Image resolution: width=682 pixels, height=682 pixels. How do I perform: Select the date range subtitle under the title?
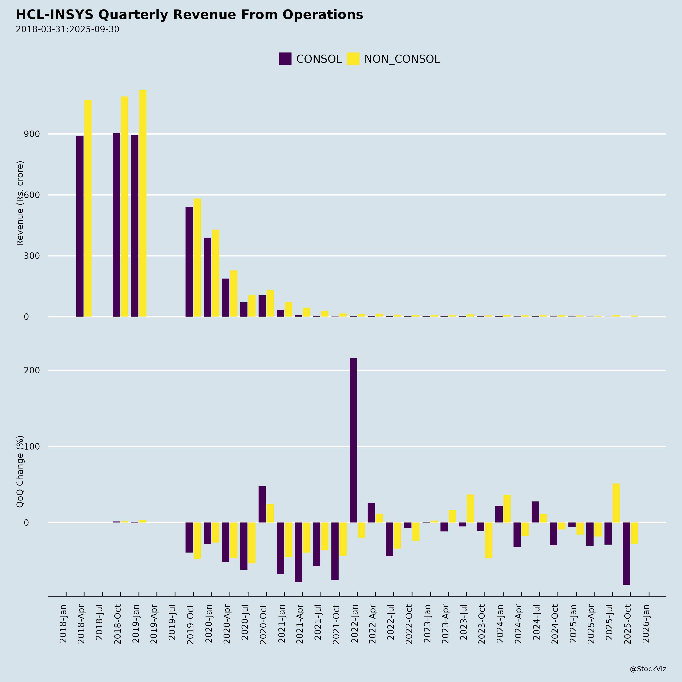click(67, 29)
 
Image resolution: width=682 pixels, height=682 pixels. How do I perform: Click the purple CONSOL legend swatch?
click(285, 59)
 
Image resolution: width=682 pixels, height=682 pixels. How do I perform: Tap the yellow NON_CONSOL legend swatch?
click(353, 59)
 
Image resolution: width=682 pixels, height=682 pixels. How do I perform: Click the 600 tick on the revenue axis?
click(32, 195)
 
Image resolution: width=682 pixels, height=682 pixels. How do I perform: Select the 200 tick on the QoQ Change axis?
click(32, 370)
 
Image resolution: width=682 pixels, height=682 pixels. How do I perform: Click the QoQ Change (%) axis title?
click(20, 471)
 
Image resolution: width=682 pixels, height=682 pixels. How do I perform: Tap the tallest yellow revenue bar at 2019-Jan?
click(143, 203)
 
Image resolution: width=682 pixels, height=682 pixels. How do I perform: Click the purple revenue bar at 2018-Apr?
click(80, 226)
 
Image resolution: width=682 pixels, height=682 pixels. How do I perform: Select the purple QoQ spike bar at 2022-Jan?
click(353, 440)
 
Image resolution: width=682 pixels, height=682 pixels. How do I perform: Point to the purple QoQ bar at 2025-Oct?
click(626, 554)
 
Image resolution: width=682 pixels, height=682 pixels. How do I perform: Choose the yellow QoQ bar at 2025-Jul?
click(616, 503)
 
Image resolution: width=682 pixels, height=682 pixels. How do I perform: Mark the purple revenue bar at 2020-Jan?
click(207, 277)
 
